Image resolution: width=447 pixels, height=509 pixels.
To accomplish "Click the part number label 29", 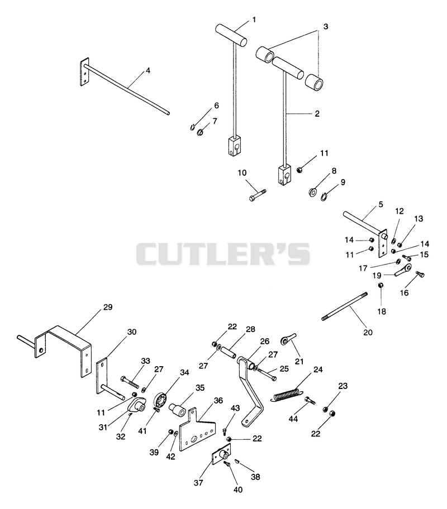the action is (108, 307).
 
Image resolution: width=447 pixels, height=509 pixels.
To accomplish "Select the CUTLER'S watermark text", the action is (223, 254).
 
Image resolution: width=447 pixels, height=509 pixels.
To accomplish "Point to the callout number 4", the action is (148, 70).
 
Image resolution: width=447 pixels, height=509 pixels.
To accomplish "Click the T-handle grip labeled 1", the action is (231, 34).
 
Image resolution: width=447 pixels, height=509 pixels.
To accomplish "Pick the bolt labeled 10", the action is (257, 194).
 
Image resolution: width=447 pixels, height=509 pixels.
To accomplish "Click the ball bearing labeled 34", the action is (161, 398).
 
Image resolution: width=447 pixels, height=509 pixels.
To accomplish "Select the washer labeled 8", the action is (313, 192).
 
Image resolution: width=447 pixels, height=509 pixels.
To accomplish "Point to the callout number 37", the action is (198, 483).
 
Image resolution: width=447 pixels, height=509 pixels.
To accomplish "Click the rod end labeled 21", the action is (288, 339).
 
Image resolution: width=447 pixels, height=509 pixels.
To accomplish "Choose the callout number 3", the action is (325, 26).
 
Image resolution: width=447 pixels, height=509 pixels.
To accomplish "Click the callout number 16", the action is (404, 293).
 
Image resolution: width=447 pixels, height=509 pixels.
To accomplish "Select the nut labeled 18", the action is (381, 285).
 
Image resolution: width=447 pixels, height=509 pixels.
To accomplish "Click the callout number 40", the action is (238, 489).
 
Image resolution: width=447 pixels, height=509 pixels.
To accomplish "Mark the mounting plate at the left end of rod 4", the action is (84, 72).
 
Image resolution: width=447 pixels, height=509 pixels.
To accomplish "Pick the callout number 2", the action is (317, 114).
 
